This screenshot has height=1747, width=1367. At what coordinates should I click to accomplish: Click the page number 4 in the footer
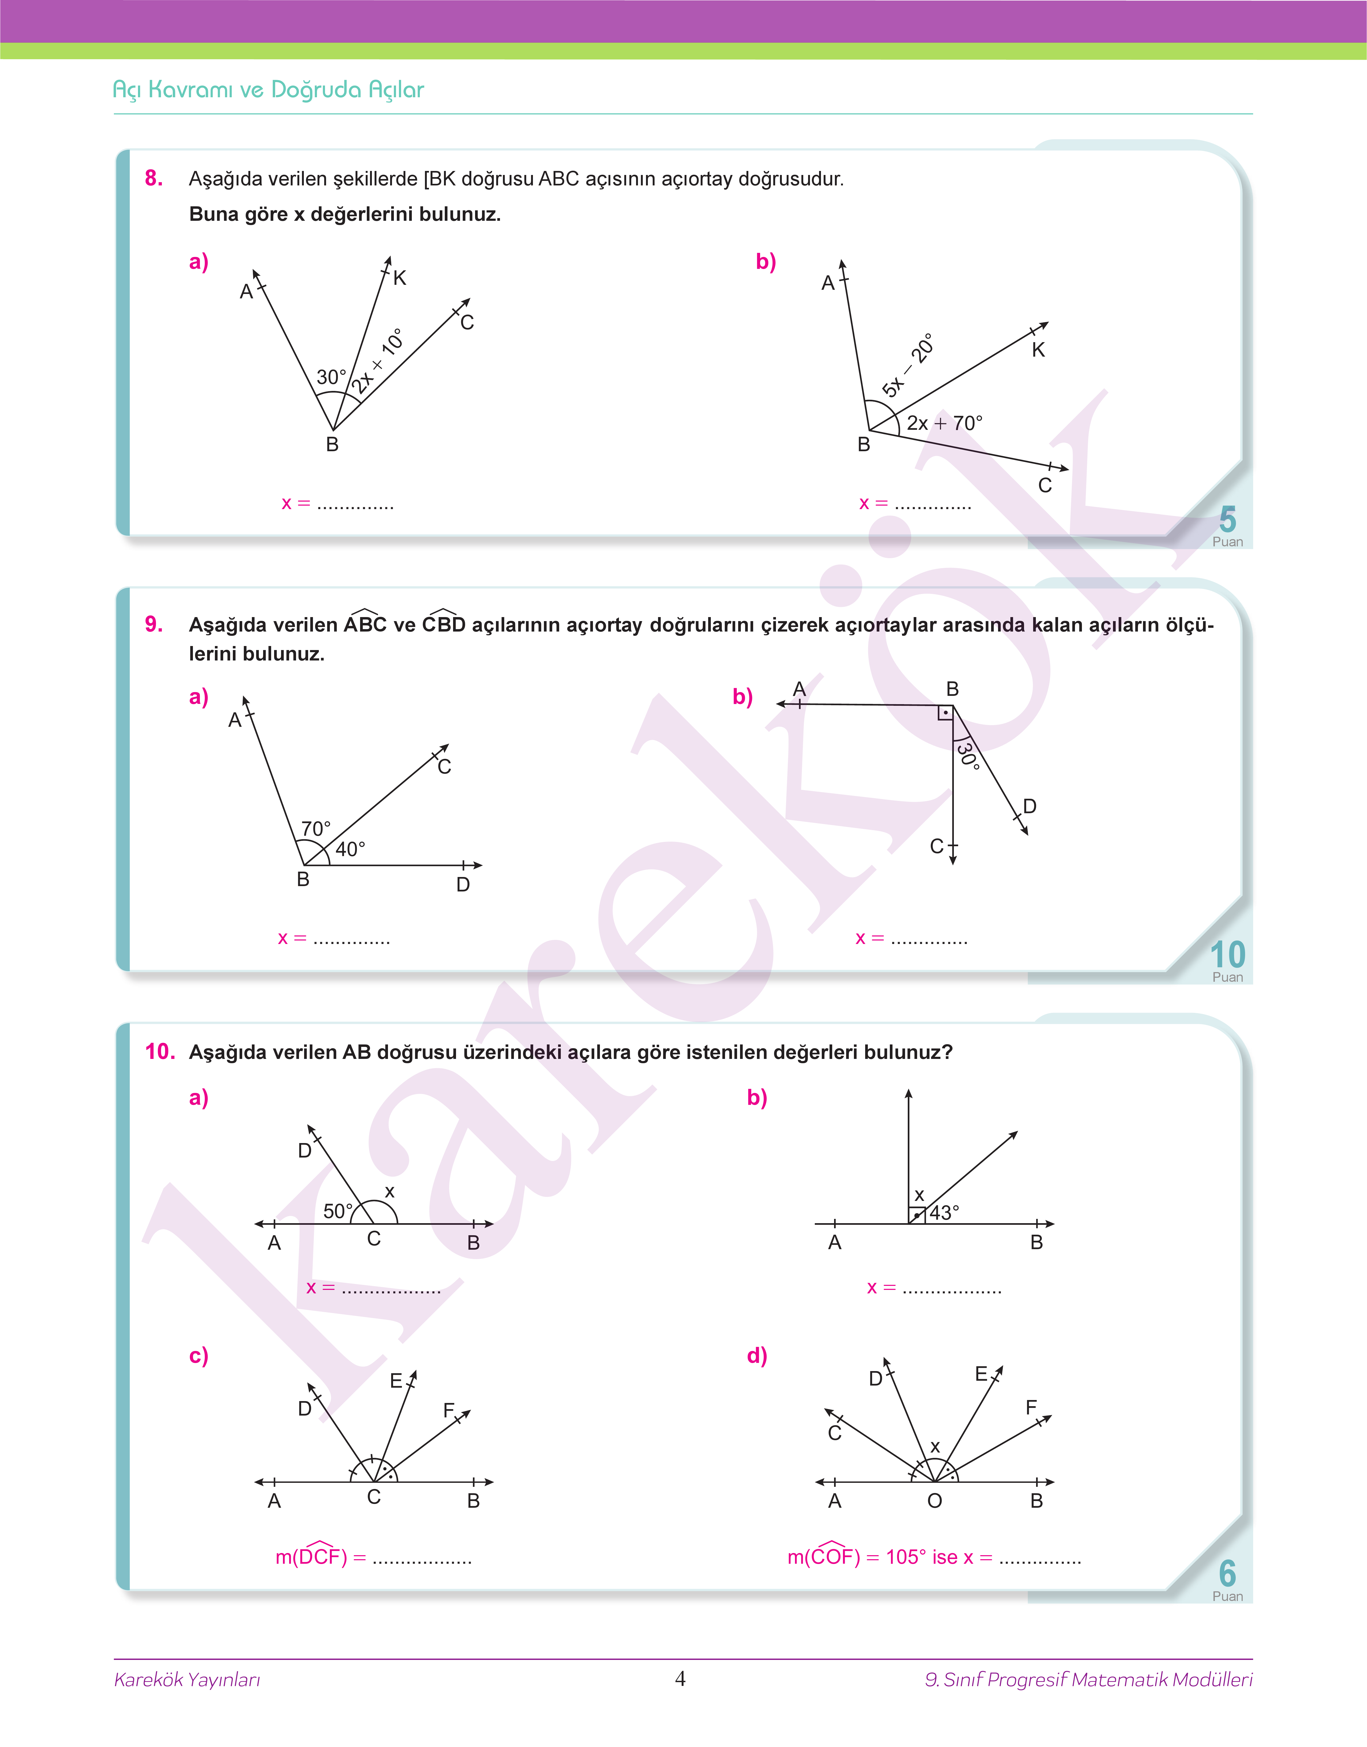(x=680, y=1678)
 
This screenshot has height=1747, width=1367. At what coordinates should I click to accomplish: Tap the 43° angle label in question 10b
(x=944, y=1212)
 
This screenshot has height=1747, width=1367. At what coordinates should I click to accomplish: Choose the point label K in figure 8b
(x=1038, y=350)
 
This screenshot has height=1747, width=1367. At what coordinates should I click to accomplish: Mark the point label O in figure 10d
(x=934, y=1500)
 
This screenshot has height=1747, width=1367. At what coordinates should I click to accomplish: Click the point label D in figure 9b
(x=1029, y=806)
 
